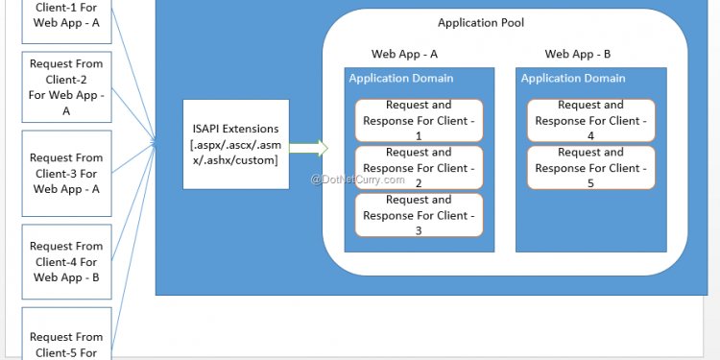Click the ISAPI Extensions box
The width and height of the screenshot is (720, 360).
point(235,144)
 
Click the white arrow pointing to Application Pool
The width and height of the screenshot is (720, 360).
point(308,148)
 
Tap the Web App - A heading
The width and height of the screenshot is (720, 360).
point(404,55)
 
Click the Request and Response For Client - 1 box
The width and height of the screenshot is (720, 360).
point(419,120)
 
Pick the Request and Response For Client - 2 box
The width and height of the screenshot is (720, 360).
point(419,168)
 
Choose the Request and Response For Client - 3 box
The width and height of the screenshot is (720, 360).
point(419,215)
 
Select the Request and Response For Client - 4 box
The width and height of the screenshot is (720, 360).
point(590,120)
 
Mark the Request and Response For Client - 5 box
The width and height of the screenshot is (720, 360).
point(590,168)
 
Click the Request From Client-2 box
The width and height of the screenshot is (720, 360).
point(66,86)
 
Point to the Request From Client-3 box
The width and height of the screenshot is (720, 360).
point(66,173)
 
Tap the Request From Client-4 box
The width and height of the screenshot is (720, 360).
point(66,261)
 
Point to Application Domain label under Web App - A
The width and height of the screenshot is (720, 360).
point(401,79)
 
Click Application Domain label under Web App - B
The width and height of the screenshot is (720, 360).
point(573,79)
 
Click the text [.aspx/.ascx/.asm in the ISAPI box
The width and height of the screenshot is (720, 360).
point(235,144)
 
